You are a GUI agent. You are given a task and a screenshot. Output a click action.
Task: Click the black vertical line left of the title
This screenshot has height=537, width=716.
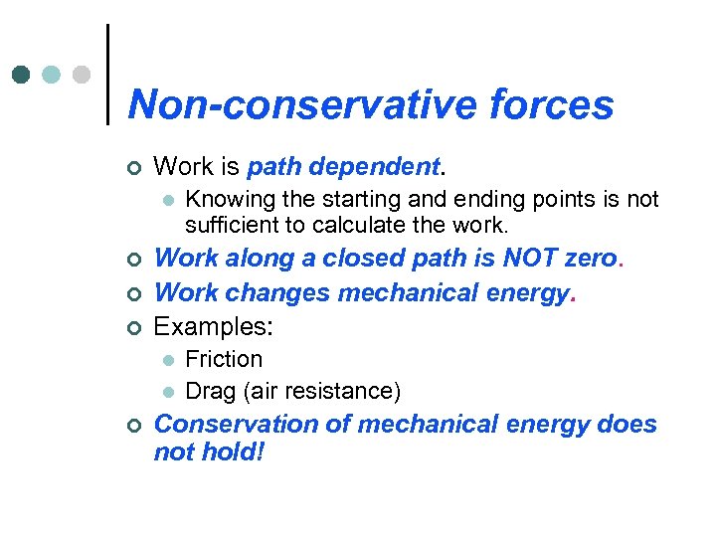click(x=106, y=75)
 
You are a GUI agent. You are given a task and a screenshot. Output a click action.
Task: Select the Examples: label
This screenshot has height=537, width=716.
click(x=214, y=326)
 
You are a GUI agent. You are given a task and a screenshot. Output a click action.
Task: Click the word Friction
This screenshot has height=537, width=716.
click(x=224, y=359)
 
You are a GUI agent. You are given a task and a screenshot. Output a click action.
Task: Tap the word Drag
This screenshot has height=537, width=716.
click(x=209, y=390)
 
